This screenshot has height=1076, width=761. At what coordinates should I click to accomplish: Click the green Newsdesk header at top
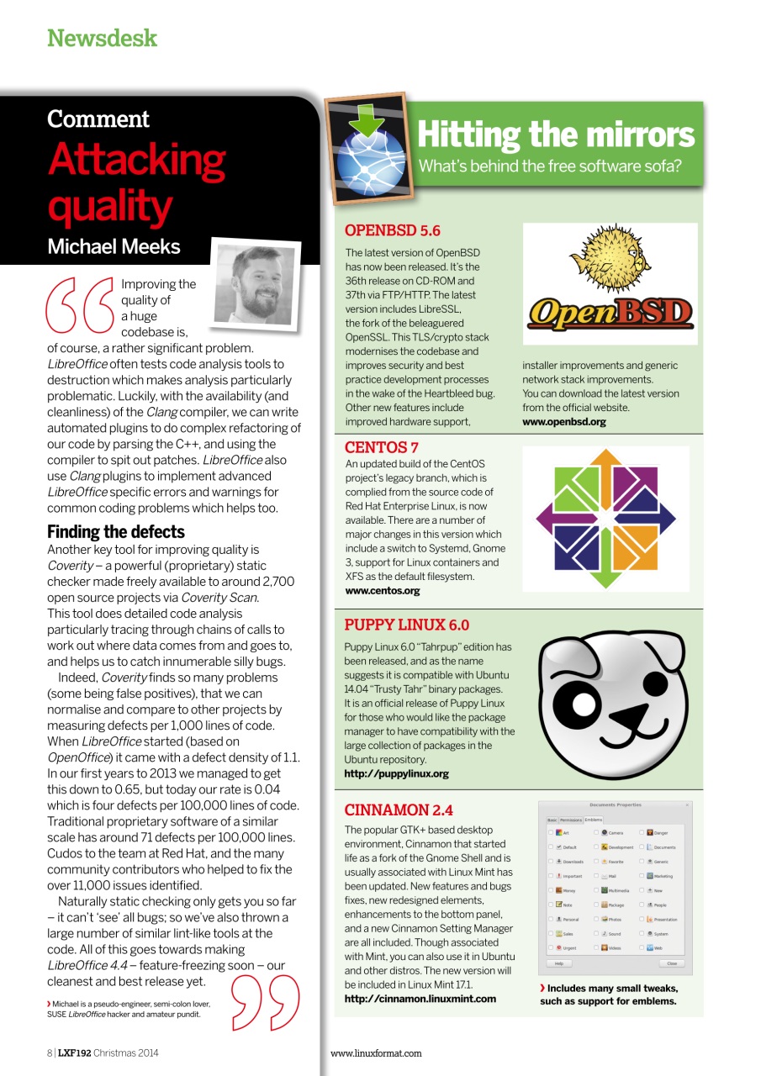pyautogui.click(x=102, y=38)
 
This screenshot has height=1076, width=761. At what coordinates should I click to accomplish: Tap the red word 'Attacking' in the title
pyautogui.click(x=136, y=160)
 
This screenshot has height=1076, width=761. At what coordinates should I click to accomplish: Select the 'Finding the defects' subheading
pyautogui.click(x=115, y=532)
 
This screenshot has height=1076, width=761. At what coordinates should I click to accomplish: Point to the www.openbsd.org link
pyautogui.click(x=563, y=422)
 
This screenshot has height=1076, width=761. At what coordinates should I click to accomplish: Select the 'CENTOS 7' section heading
pyautogui.click(x=381, y=447)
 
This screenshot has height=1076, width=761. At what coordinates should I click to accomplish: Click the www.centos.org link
pyautogui.click(x=382, y=591)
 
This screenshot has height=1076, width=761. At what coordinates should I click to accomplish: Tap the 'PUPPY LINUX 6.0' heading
pyautogui.click(x=406, y=625)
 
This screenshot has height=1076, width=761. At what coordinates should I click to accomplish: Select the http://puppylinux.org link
pyautogui.click(x=396, y=773)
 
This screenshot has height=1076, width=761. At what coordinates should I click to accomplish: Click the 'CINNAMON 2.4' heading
pyautogui.click(x=399, y=810)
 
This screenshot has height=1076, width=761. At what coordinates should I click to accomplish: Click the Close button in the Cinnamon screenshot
pyautogui.click(x=671, y=963)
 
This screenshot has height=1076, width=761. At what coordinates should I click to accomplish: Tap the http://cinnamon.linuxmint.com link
pyautogui.click(x=420, y=999)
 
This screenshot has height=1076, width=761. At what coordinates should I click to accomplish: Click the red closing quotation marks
pyautogui.click(x=265, y=1001)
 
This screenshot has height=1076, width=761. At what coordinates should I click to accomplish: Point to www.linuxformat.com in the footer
pyautogui.click(x=376, y=1052)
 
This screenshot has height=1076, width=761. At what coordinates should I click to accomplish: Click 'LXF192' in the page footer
pyautogui.click(x=74, y=1052)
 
